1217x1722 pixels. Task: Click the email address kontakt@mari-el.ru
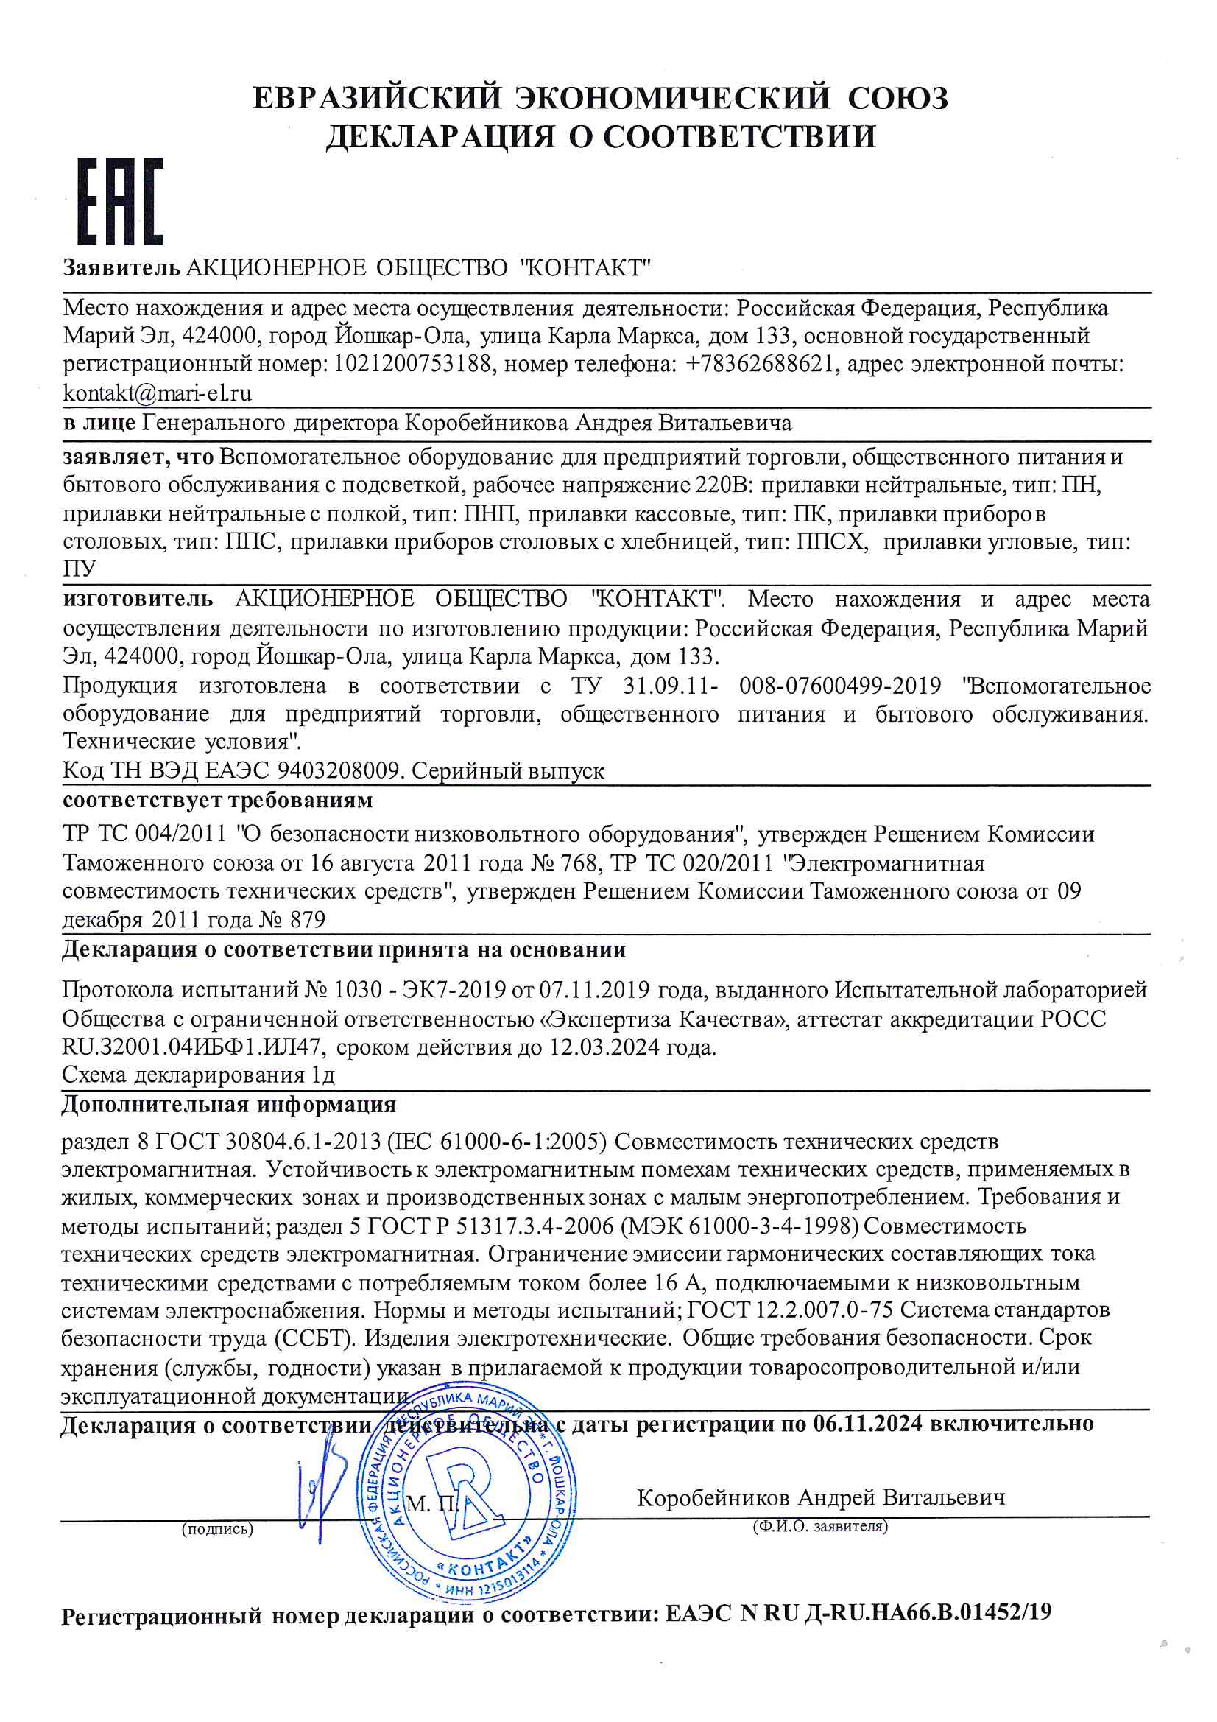157,393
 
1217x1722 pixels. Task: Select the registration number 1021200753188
413,364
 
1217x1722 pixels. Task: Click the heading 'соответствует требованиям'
217,801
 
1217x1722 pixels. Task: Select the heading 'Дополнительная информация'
229,1105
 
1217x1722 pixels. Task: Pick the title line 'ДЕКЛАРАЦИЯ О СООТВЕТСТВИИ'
601,136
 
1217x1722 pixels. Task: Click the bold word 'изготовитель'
138,600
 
